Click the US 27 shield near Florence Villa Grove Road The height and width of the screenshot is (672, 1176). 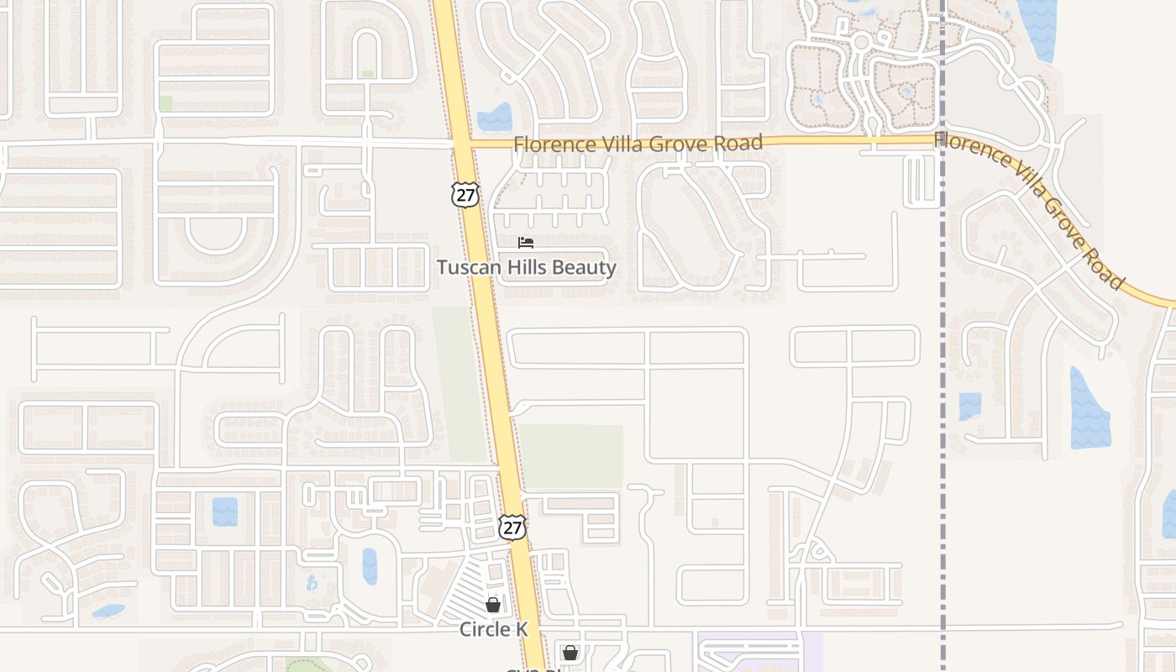(x=465, y=195)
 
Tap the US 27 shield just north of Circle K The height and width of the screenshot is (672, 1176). (x=512, y=527)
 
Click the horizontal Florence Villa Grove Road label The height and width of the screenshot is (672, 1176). (x=638, y=144)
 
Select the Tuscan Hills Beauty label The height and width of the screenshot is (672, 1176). (x=527, y=268)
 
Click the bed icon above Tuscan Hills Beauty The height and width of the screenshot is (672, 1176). (x=526, y=243)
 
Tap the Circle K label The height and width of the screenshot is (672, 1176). (x=493, y=629)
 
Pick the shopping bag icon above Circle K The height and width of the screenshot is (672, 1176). (x=493, y=605)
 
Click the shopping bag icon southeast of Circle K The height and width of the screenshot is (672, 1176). (x=570, y=653)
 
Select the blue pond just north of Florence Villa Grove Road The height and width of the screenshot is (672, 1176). (x=496, y=118)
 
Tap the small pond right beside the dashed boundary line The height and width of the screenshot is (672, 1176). (x=969, y=406)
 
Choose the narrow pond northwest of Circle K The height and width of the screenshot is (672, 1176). (x=370, y=566)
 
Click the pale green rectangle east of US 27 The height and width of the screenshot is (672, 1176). (x=571, y=456)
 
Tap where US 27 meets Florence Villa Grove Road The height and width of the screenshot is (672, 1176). (x=463, y=144)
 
